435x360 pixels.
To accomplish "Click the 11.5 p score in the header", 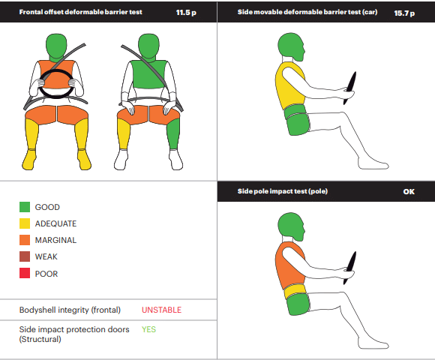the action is pos(186,13).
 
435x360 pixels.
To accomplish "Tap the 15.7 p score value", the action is pos(404,13).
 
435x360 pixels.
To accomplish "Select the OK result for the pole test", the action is pos(409,192).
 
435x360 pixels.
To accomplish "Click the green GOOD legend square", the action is pos(25,207).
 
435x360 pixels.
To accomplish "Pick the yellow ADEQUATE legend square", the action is pos(25,223).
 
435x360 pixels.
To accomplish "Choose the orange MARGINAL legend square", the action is pos(25,240).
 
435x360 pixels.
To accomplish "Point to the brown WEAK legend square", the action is pos(25,256).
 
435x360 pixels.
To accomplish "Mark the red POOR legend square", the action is pos(25,273).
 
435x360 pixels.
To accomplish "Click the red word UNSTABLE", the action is pos(161,310).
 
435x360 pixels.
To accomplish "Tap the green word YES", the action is pos(148,329).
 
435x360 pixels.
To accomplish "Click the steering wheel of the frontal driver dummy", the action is pos(56,72).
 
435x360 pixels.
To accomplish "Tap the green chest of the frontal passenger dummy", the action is pos(149,74).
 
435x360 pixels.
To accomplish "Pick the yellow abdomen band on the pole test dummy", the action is pos(295,291).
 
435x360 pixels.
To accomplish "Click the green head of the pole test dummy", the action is pos(291,226).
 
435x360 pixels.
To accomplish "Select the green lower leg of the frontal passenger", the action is pos(173,134).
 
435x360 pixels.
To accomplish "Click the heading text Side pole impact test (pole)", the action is pos(283,191).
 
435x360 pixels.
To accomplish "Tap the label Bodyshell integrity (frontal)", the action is pos(70,310).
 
